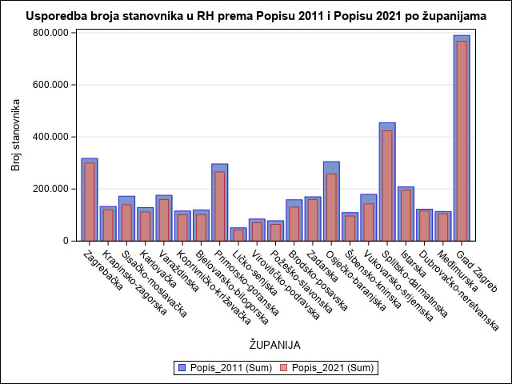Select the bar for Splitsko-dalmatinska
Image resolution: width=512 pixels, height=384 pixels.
point(387,184)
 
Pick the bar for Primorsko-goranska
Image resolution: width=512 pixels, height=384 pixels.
point(219,205)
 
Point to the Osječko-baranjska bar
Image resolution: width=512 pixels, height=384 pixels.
point(331,204)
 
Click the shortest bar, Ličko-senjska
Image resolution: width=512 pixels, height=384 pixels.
point(238,234)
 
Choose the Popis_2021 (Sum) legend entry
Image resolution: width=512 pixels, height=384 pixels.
point(327,368)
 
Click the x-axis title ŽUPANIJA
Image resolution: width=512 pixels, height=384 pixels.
point(274,346)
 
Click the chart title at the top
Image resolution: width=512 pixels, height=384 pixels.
point(256,15)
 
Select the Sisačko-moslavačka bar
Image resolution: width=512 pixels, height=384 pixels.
point(126,220)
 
